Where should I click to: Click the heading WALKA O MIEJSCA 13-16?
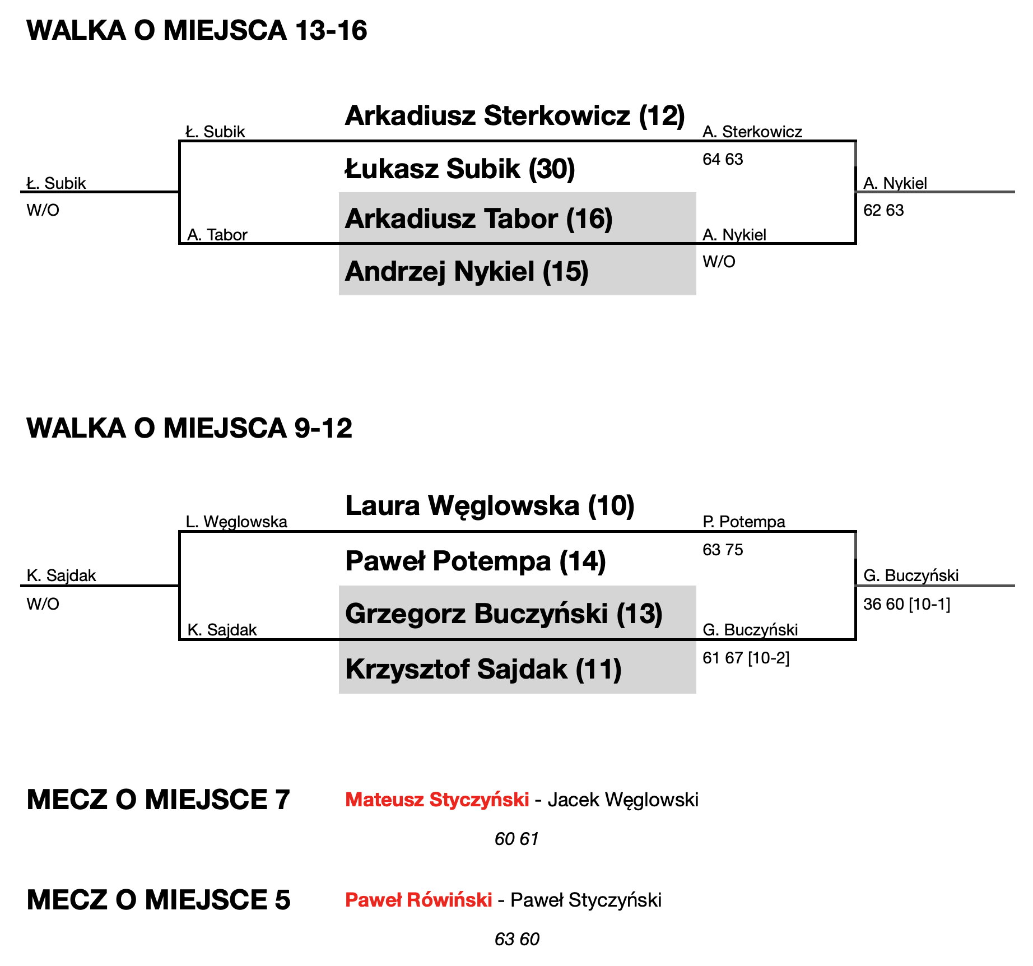click(x=197, y=30)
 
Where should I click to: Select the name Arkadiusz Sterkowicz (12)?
click(x=514, y=115)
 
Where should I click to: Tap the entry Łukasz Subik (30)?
click(x=459, y=169)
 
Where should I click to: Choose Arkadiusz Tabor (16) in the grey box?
click(x=478, y=219)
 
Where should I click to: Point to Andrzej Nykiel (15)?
click(x=467, y=271)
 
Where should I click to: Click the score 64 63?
click(x=723, y=160)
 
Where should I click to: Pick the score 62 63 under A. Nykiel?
click(x=883, y=211)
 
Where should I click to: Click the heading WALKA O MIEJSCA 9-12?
click(x=189, y=428)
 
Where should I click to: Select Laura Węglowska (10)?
click(x=490, y=505)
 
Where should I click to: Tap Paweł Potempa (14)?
click(x=475, y=561)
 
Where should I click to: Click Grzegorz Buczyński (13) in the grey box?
click(x=504, y=614)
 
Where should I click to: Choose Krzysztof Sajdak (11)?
click(x=483, y=669)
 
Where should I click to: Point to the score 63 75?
click(x=723, y=550)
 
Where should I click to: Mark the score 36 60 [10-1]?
click(x=906, y=605)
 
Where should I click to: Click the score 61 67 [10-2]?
click(x=746, y=658)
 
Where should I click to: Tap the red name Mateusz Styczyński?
click(x=437, y=800)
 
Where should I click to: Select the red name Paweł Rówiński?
click(x=418, y=900)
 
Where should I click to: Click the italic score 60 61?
click(x=516, y=839)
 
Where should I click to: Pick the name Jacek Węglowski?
click(x=623, y=800)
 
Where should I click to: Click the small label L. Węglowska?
click(x=236, y=522)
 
